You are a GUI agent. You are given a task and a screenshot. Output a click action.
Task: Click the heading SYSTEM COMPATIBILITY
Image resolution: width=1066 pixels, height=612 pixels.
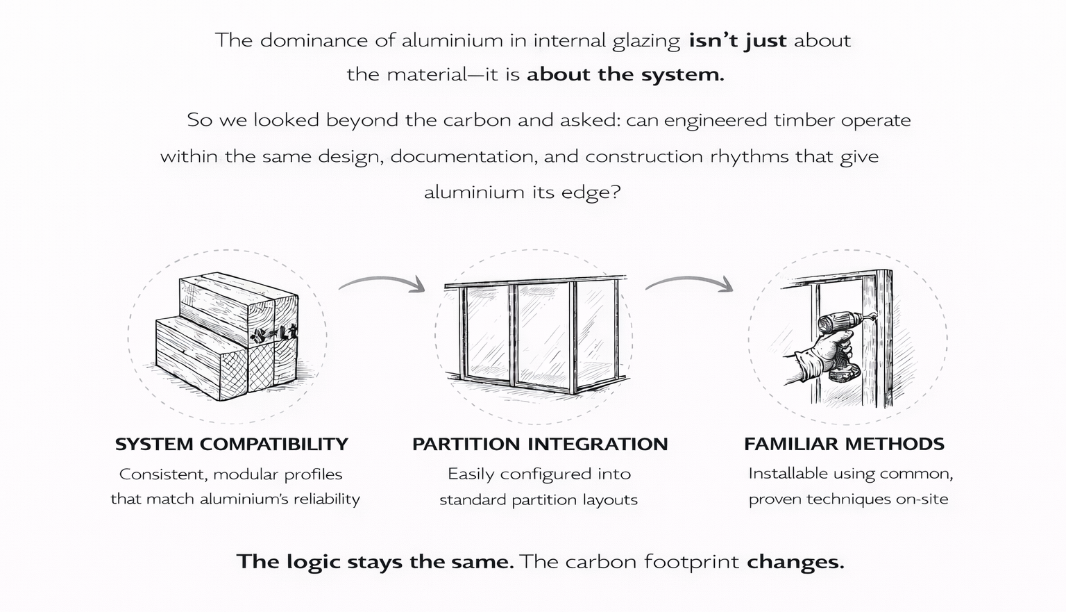click(x=231, y=444)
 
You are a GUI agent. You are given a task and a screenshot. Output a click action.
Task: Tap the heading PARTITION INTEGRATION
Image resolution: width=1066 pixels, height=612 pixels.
click(x=539, y=444)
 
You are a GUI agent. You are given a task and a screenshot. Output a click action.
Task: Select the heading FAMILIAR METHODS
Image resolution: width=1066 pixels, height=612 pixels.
click(x=844, y=444)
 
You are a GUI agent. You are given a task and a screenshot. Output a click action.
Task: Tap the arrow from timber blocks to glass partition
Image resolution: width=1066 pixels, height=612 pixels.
click(x=382, y=283)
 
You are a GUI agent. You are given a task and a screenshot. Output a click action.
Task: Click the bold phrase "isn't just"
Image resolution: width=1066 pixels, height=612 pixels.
click(x=737, y=41)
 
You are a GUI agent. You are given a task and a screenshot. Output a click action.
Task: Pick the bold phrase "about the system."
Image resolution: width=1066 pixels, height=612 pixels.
click(x=625, y=75)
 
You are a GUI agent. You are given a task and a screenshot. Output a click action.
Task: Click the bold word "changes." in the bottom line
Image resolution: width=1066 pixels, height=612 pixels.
click(x=795, y=561)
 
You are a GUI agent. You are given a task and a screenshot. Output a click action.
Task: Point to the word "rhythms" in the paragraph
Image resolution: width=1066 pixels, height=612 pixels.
click(x=750, y=156)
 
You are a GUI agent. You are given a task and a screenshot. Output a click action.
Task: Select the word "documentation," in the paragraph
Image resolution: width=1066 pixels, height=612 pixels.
click(x=464, y=156)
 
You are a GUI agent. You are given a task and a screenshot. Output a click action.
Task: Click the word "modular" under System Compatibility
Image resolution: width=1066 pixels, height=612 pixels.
click(x=246, y=474)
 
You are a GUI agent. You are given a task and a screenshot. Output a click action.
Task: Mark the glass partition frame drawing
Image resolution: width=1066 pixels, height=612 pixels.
click(x=534, y=333)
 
